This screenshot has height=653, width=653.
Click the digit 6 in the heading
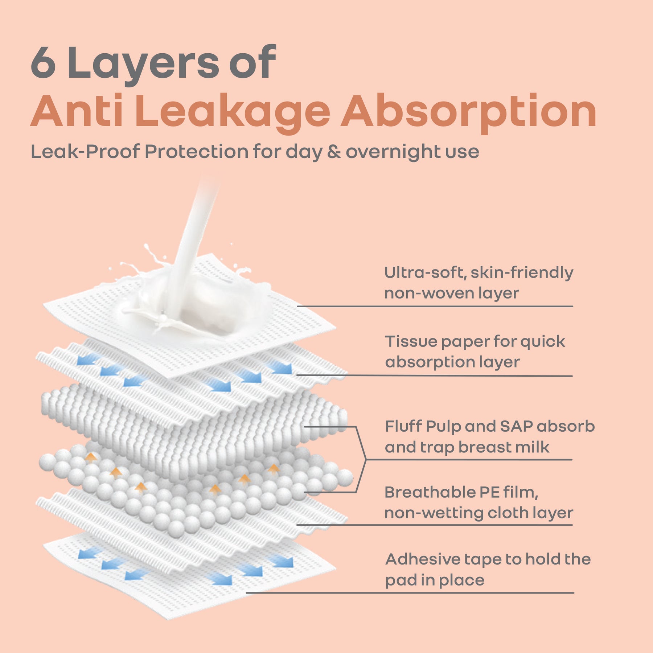(43, 62)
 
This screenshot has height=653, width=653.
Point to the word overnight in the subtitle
(393, 152)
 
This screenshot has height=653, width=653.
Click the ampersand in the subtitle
(334, 151)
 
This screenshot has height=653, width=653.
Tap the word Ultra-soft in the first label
(425, 272)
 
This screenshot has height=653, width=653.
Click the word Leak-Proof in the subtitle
(85, 151)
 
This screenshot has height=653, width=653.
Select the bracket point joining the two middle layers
(366, 460)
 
